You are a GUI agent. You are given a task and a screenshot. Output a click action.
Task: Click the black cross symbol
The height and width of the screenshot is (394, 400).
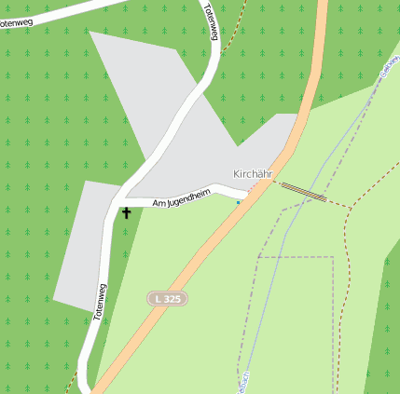tap(127, 212)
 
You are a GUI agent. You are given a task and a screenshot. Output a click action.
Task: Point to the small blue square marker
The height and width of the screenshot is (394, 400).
tap(238, 202)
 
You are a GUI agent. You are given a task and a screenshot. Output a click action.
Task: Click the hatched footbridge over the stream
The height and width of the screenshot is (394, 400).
tap(304, 191)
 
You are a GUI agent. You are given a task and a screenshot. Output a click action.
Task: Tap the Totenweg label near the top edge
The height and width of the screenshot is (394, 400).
tap(211, 22)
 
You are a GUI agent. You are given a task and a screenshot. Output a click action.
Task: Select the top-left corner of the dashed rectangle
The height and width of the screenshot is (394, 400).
tap(258, 256)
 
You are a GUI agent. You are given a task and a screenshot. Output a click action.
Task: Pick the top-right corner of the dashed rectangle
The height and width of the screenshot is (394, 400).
tap(333, 256)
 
